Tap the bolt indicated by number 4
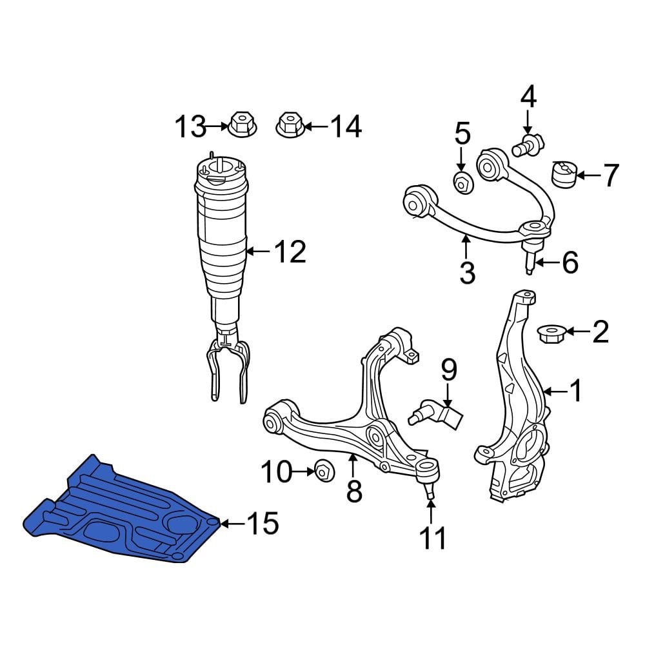point(530,144)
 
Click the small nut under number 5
point(462,182)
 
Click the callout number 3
point(467,272)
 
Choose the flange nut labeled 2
point(551,333)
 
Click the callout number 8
point(353,491)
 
